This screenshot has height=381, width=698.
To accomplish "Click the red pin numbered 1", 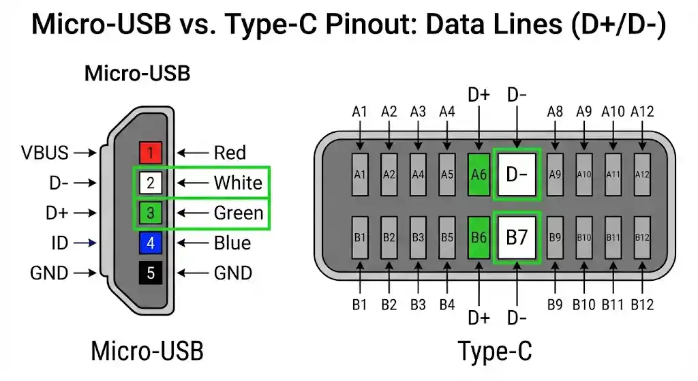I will coord(151,153).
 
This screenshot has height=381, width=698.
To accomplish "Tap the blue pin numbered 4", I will coord(151,243).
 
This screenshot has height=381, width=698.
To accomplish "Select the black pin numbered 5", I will coord(151,273).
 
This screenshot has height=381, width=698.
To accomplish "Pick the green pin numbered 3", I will coord(151,213).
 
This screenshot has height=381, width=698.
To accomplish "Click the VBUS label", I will coord(45,153).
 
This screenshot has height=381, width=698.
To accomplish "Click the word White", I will coord(238,183).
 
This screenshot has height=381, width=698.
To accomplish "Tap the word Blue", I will coord(232,243).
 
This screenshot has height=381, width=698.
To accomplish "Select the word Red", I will coord(230,153).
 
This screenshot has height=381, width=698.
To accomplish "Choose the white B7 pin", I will coord(517,238).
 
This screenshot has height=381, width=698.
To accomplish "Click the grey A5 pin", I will coord(447,174).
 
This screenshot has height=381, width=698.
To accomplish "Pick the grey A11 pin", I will coord(613,174).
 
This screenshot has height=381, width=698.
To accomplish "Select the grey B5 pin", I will coord(447,238).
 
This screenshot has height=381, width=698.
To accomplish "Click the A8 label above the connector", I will coord(556,111).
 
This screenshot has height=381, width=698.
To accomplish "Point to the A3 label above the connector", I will coord(418,111).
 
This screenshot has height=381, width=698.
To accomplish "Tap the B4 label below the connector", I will coord(447,304).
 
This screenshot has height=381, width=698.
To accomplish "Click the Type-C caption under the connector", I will coord(495,352).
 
